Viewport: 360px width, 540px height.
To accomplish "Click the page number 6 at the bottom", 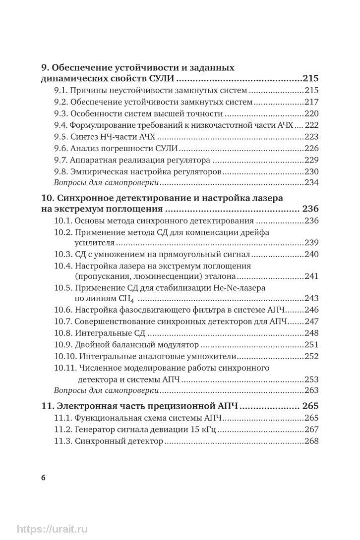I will [x=43, y=478].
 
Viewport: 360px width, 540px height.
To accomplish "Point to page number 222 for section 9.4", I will [x=311, y=125].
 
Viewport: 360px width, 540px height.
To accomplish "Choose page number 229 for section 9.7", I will [x=311, y=160].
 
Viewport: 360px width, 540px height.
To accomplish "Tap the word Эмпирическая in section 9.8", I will [x=96, y=171].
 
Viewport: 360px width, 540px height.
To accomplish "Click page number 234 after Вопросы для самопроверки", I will [x=311, y=183].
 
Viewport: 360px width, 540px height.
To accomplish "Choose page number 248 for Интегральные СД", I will [x=311, y=333].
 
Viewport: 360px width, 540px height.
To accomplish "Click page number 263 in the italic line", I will [x=311, y=390].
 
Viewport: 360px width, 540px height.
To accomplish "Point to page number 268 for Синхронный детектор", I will [x=311, y=440].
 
